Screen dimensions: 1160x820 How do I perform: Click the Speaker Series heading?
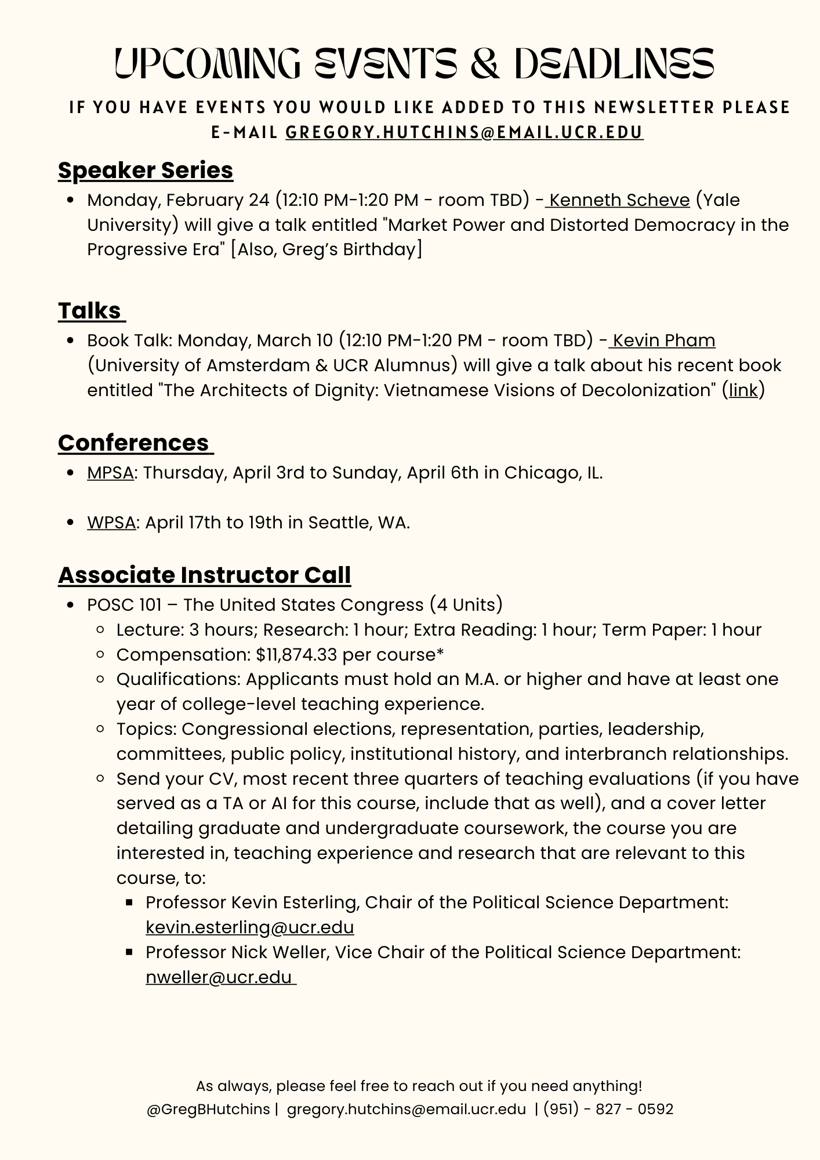click(146, 171)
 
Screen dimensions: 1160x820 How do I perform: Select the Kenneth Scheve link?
click(619, 200)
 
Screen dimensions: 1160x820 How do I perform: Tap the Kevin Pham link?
click(663, 340)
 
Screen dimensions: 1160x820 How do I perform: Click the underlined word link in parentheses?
click(743, 390)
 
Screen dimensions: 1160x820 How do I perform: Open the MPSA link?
click(110, 473)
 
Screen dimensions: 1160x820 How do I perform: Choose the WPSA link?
click(111, 523)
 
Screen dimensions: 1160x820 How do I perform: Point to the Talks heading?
click(90, 311)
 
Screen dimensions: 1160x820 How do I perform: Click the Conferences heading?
click(133, 443)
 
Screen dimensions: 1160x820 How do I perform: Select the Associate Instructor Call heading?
click(204, 575)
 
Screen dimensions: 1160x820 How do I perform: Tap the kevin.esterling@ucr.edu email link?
click(249, 927)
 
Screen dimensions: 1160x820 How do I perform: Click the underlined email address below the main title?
click(464, 132)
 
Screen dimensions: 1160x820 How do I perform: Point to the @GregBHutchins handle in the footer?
click(208, 1110)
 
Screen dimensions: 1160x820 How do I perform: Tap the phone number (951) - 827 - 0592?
click(608, 1110)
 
